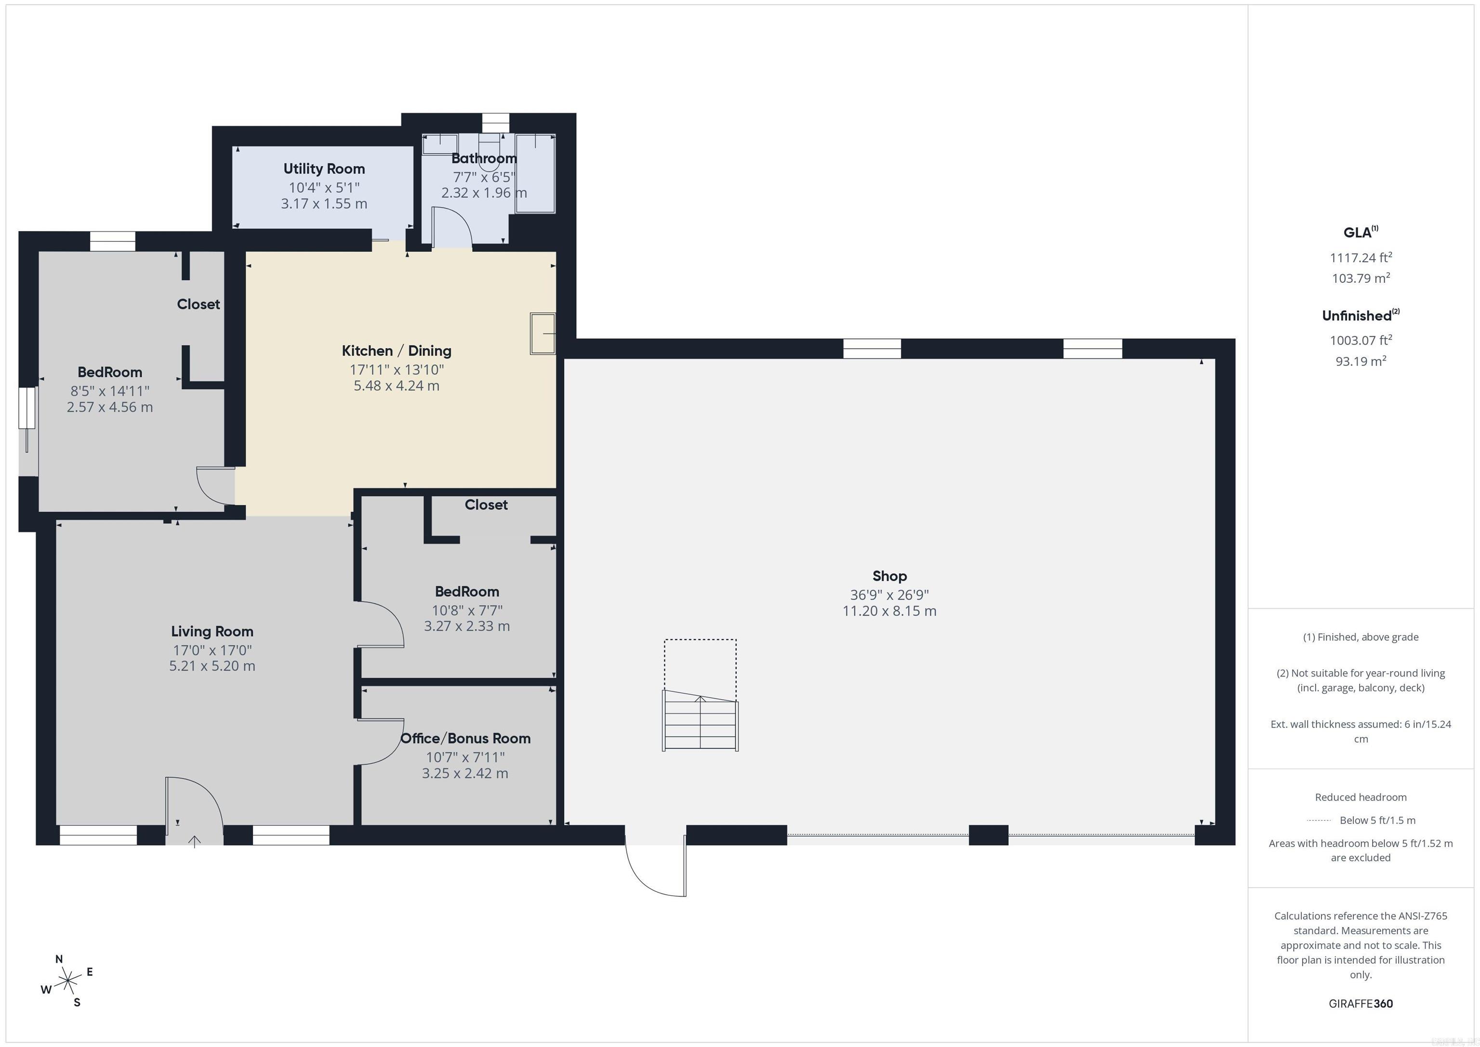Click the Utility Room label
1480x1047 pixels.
(x=324, y=169)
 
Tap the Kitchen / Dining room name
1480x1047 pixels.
(x=396, y=351)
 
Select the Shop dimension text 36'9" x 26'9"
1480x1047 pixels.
(x=889, y=595)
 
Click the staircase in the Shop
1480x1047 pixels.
(x=700, y=721)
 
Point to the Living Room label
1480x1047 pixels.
(x=212, y=631)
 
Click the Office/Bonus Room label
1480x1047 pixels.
(x=465, y=738)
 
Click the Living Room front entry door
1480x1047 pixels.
(x=193, y=806)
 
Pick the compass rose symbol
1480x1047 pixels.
(x=67, y=982)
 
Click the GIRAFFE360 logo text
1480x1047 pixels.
(x=1360, y=1003)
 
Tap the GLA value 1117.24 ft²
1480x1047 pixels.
(x=1360, y=258)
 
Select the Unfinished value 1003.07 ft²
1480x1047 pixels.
(x=1360, y=340)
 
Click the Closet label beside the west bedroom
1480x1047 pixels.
(x=198, y=305)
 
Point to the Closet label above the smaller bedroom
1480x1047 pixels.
(x=486, y=505)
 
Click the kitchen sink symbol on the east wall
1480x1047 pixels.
(x=543, y=333)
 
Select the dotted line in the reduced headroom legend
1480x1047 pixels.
(x=1319, y=821)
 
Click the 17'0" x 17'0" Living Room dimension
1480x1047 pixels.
(x=212, y=650)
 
